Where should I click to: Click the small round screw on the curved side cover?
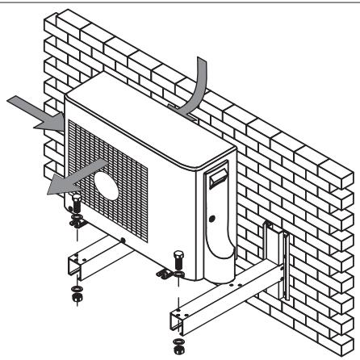(x=211, y=219)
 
